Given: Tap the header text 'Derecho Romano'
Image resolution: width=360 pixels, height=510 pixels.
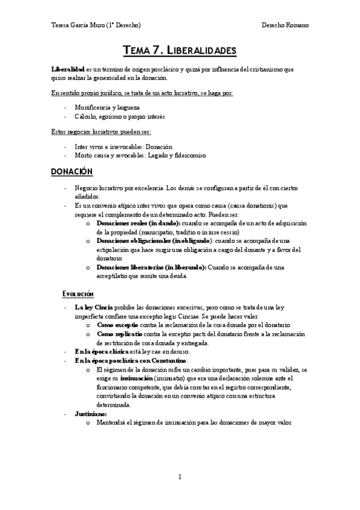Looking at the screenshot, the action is click(285, 25).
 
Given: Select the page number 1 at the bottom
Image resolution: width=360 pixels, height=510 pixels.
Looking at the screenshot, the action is click(180, 477).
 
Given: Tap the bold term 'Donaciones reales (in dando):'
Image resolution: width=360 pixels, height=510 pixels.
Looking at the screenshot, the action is click(138, 223).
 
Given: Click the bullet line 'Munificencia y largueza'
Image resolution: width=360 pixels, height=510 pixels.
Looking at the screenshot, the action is click(108, 106).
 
